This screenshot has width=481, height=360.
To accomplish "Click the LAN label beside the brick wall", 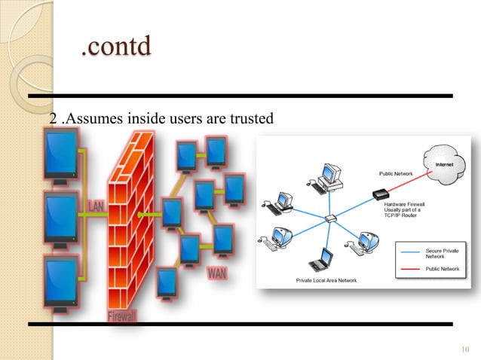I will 97,206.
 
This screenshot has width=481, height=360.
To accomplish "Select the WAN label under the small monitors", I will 216,273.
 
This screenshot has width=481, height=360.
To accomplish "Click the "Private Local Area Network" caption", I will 326,280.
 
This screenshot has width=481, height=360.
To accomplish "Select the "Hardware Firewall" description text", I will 407,208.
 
